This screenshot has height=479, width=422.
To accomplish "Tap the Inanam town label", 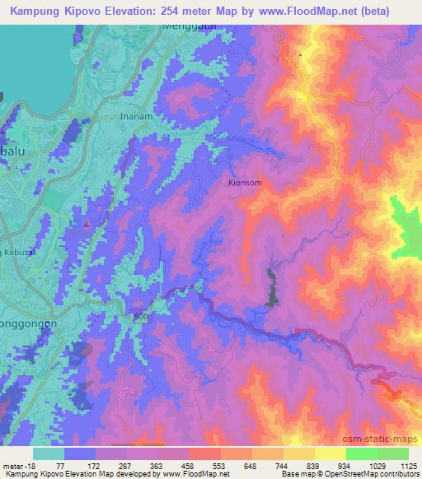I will pyautogui.click(x=134, y=116).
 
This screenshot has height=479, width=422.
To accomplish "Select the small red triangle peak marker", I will pyautogui.click(x=85, y=223).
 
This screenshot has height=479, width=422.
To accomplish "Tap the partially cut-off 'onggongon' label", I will pyautogui.click(x=28, y=323).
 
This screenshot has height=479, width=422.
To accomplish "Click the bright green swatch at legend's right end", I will pyautogui.click(x=392, y=453).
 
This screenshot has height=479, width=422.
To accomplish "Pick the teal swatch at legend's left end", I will pyautogui.click(x=49, y=453).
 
